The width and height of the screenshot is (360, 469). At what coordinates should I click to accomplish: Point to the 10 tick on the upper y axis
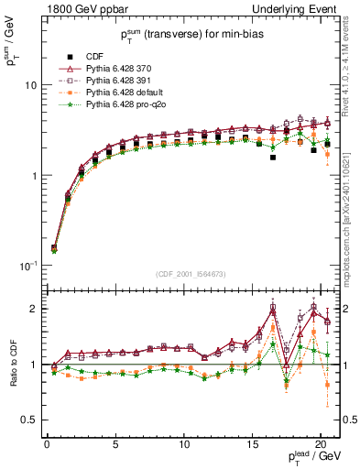tap(29, 85)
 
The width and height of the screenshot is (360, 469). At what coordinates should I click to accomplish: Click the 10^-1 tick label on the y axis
tap(27, 266)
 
